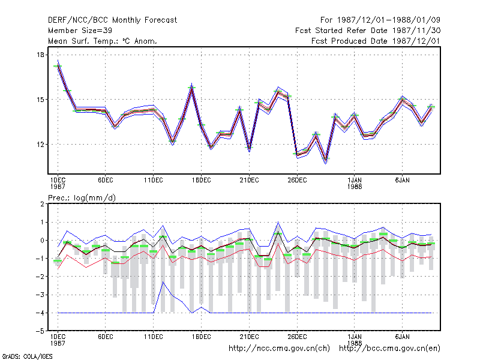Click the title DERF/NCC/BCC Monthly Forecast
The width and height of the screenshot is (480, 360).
(112, 20)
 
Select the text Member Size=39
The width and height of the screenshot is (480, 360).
(80, 31)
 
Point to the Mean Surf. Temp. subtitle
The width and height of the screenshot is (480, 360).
(103, 41)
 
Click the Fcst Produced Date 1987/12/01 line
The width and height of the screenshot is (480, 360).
(376, 41)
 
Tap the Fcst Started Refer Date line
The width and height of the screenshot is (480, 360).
(368, 31)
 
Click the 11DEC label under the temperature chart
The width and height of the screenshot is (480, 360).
(154, 181)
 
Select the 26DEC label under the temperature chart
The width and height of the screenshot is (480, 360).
(297, 181)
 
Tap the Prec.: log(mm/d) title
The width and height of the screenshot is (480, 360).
(82, 198)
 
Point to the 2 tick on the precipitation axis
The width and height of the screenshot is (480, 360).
(42, 204)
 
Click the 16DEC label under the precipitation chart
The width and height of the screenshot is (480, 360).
(201, 337)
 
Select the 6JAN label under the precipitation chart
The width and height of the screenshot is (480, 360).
(402, 337)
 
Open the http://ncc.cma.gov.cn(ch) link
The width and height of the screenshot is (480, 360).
(279, 349)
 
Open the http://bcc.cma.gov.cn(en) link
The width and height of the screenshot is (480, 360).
(389, 349)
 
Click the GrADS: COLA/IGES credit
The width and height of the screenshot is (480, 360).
(27, 356)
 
